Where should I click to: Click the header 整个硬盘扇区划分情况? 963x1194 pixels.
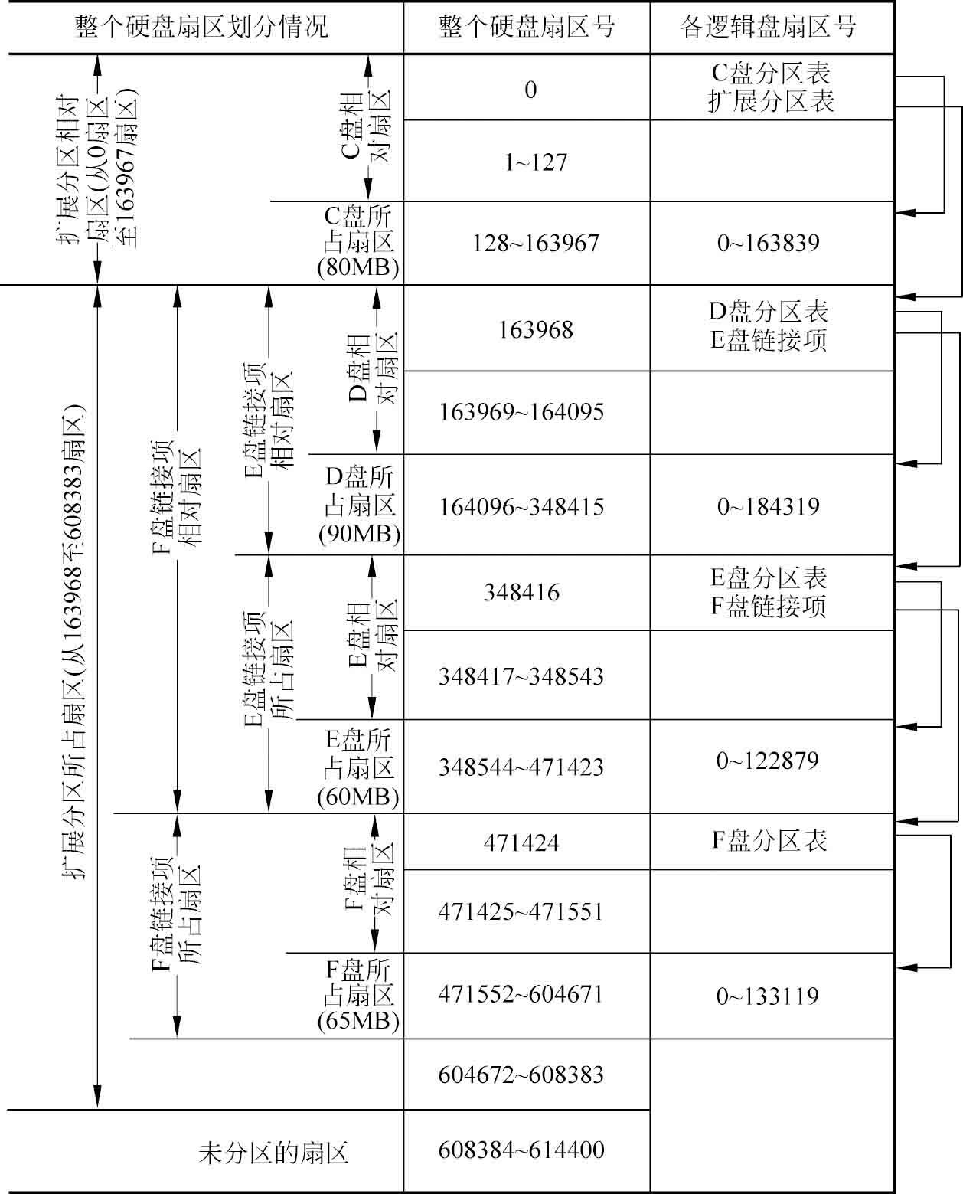201,27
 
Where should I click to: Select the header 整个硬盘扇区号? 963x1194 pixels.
527,27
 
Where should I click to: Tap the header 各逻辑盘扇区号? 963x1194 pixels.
769,27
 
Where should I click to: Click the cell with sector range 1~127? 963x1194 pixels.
536,162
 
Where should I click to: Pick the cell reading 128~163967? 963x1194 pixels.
536,243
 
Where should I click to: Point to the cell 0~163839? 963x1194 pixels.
769,243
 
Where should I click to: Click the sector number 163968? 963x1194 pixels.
536,330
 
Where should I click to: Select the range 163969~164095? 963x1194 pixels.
521,412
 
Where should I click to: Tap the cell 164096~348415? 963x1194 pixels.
521,507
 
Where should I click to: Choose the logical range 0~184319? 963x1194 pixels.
769,506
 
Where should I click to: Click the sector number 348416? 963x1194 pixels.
521,593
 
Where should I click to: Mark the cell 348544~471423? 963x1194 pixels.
521,767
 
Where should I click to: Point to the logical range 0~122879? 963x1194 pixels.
768,761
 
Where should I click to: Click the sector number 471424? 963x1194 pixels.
521,843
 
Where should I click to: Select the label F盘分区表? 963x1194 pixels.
769,841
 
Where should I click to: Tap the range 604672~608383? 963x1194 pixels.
521,1075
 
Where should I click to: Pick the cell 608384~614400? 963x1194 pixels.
521,1150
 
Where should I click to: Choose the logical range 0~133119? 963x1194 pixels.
768,996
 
